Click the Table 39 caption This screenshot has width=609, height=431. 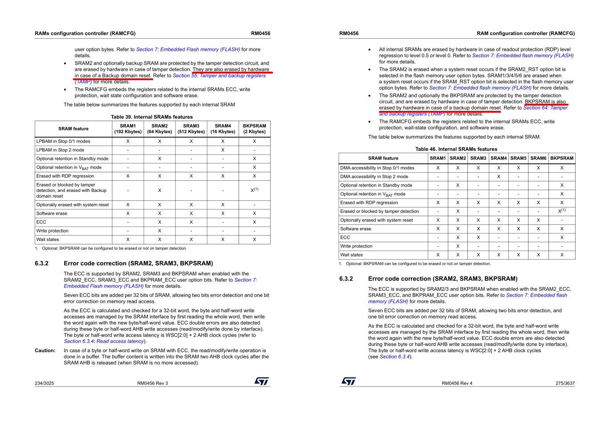(x=152, y=117)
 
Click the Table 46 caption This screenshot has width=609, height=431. (x=456, y=149)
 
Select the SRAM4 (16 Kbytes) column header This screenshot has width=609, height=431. (x=223, y=129)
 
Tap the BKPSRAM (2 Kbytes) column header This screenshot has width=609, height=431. (x=254, y=129)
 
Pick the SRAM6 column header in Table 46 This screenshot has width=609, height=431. (x=538, y=158)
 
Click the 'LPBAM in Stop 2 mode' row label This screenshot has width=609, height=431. (x=60, y=150)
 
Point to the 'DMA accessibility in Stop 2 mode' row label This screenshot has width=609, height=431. (x=374, y=177)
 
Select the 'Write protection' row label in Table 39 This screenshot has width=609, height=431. (x=53, y=231)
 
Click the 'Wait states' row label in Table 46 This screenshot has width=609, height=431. (x=352, y=255)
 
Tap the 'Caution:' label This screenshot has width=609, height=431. (x=45, y=351)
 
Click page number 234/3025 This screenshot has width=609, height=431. (x=45, y=383)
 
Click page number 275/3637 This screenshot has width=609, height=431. (x=565, y=383)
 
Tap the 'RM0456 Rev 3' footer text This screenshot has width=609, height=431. (x=152, y=383)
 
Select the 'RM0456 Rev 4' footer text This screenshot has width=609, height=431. (x=457, y=383)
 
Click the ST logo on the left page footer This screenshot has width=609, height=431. (x=261, y=382)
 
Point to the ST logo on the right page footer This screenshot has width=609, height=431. (x=349, y=382)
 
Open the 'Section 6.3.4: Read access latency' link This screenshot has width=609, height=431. (x=104, y=342)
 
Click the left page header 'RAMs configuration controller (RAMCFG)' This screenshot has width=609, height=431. (x=85, y=33)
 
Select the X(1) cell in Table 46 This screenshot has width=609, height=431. (x=562, y=211)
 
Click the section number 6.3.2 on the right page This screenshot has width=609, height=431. (x=346, y=279)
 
